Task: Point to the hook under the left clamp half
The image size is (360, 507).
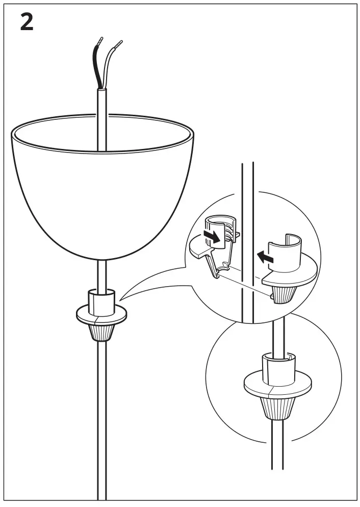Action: click(x=214, y=265)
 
